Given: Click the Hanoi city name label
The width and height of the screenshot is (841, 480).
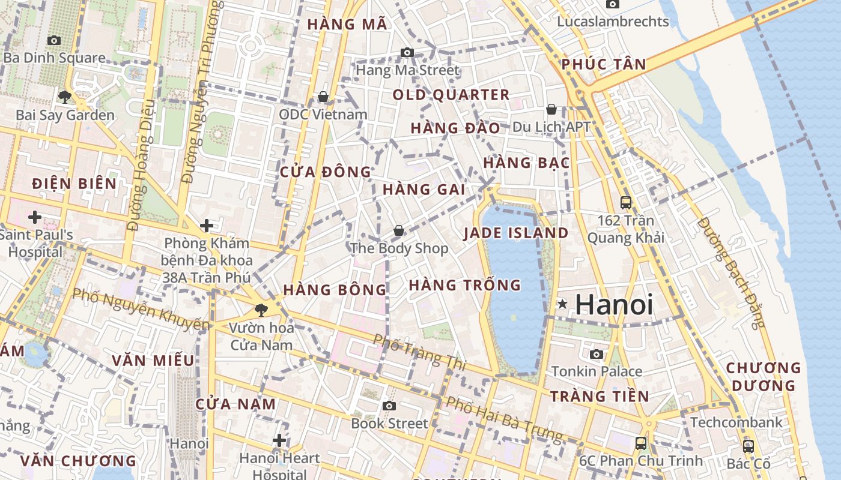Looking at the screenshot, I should pos(613,304).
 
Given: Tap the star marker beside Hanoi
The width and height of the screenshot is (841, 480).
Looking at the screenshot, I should pos(562,304).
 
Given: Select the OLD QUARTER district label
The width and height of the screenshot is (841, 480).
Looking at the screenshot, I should pos(451,95).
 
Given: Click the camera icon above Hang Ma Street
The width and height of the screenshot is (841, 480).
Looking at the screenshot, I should pos(407,53).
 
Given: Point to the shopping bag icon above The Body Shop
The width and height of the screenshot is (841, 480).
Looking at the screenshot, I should pos(398,230).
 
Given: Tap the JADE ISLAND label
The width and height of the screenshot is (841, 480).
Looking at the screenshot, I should pos(516,233).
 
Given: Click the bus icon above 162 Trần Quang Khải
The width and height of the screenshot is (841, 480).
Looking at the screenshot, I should pos(626,202).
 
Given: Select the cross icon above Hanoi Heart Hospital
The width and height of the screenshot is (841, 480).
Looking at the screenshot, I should pos(279,441).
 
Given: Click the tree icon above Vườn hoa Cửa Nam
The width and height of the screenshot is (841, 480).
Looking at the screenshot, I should pos(261,310).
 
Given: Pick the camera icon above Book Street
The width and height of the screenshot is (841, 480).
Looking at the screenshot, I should pos(389,406).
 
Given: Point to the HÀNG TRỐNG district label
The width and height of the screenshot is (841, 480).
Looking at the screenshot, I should pos(465,285).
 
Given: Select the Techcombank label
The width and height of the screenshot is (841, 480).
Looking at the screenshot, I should pos(736,422).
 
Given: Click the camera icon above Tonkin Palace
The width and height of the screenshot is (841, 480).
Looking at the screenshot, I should pos(597,354).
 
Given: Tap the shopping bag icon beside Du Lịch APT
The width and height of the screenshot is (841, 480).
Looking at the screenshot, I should pos(551,109).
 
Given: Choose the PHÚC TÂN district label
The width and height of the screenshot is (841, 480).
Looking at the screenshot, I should pos(604,65).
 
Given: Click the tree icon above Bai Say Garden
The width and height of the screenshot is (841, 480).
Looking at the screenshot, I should pos(65,96).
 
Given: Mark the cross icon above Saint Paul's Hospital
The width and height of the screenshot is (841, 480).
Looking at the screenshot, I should pos(35,216).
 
